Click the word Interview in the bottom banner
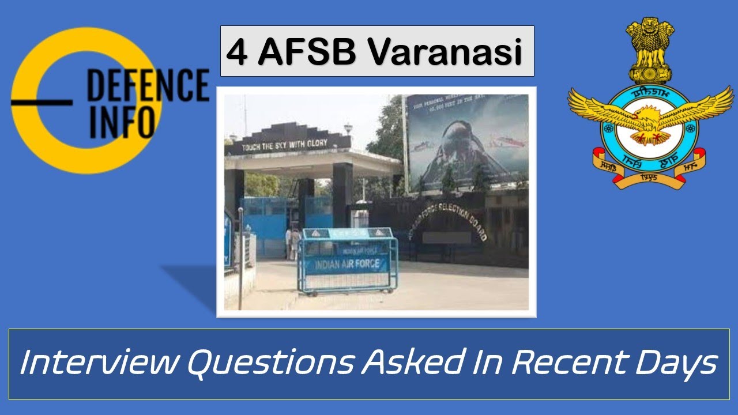[97, 363]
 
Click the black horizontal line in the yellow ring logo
[42, 103]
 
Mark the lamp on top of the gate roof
[348, 128]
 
